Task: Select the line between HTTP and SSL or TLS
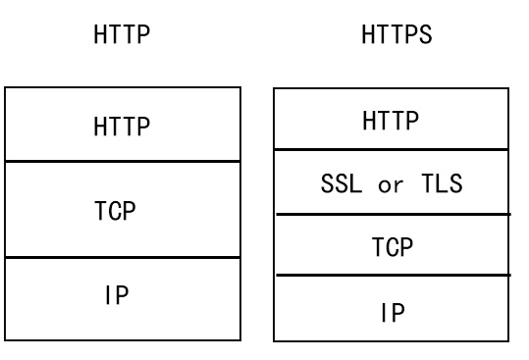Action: (391, 150)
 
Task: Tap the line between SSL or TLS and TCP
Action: (391, 213)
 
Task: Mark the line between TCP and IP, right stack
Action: (391, 276)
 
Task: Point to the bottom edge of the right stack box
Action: (391, 339)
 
